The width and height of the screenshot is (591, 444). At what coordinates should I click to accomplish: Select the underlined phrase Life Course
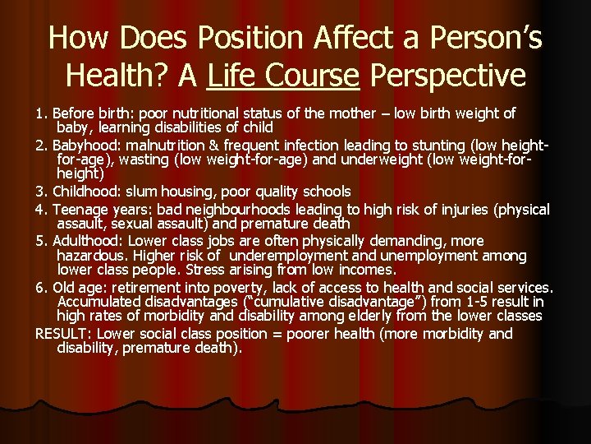284,76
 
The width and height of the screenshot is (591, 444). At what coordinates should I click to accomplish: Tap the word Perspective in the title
448,76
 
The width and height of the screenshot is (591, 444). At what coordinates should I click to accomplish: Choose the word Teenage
80,208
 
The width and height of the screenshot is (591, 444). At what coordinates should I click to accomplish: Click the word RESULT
61,333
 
